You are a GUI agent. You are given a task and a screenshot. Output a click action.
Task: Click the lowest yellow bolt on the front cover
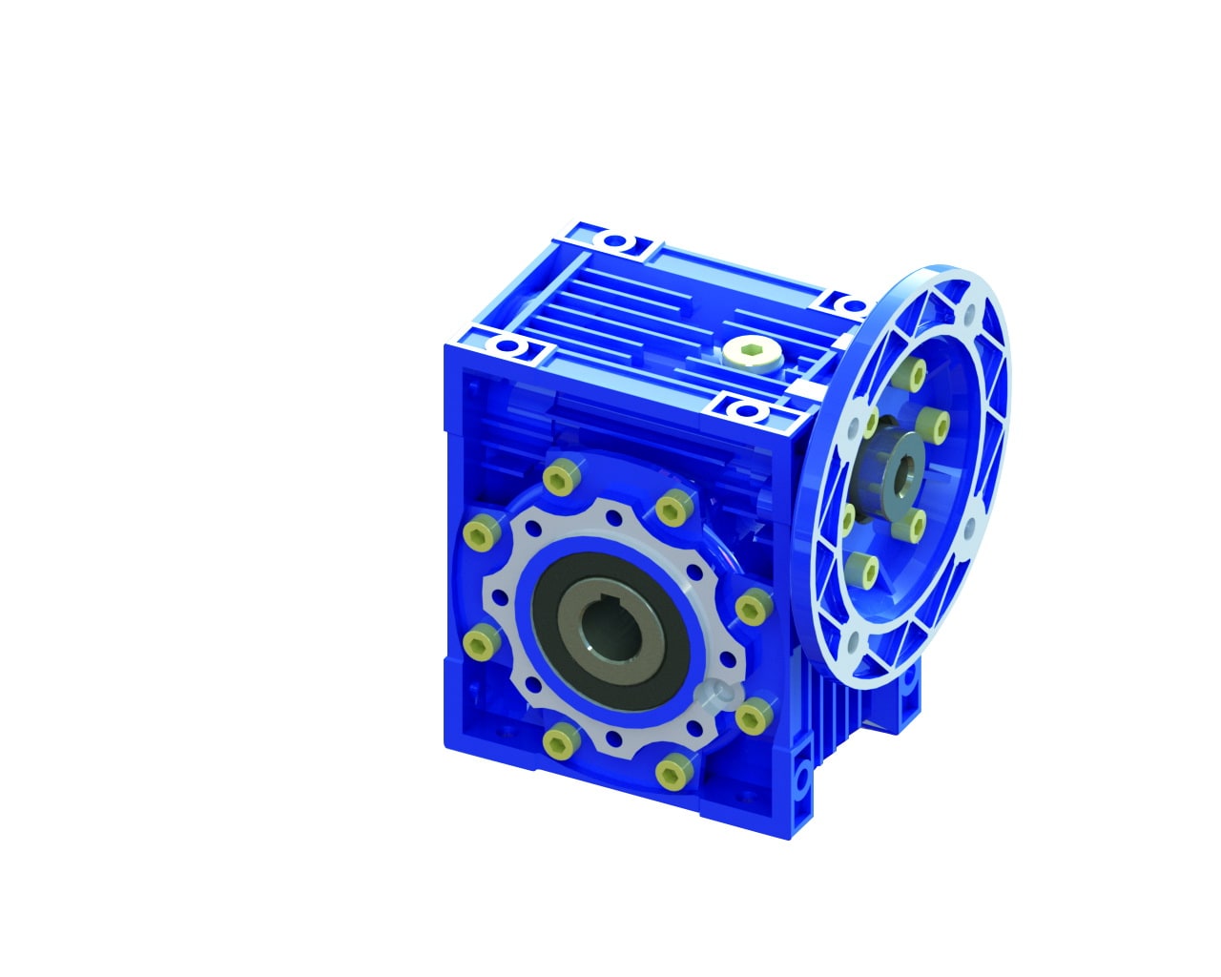(x=674, y=768)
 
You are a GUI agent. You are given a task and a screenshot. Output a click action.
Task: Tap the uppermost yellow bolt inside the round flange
(x=918, y=373)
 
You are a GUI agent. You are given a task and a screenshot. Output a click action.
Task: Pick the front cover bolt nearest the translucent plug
(x=755, y=713)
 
